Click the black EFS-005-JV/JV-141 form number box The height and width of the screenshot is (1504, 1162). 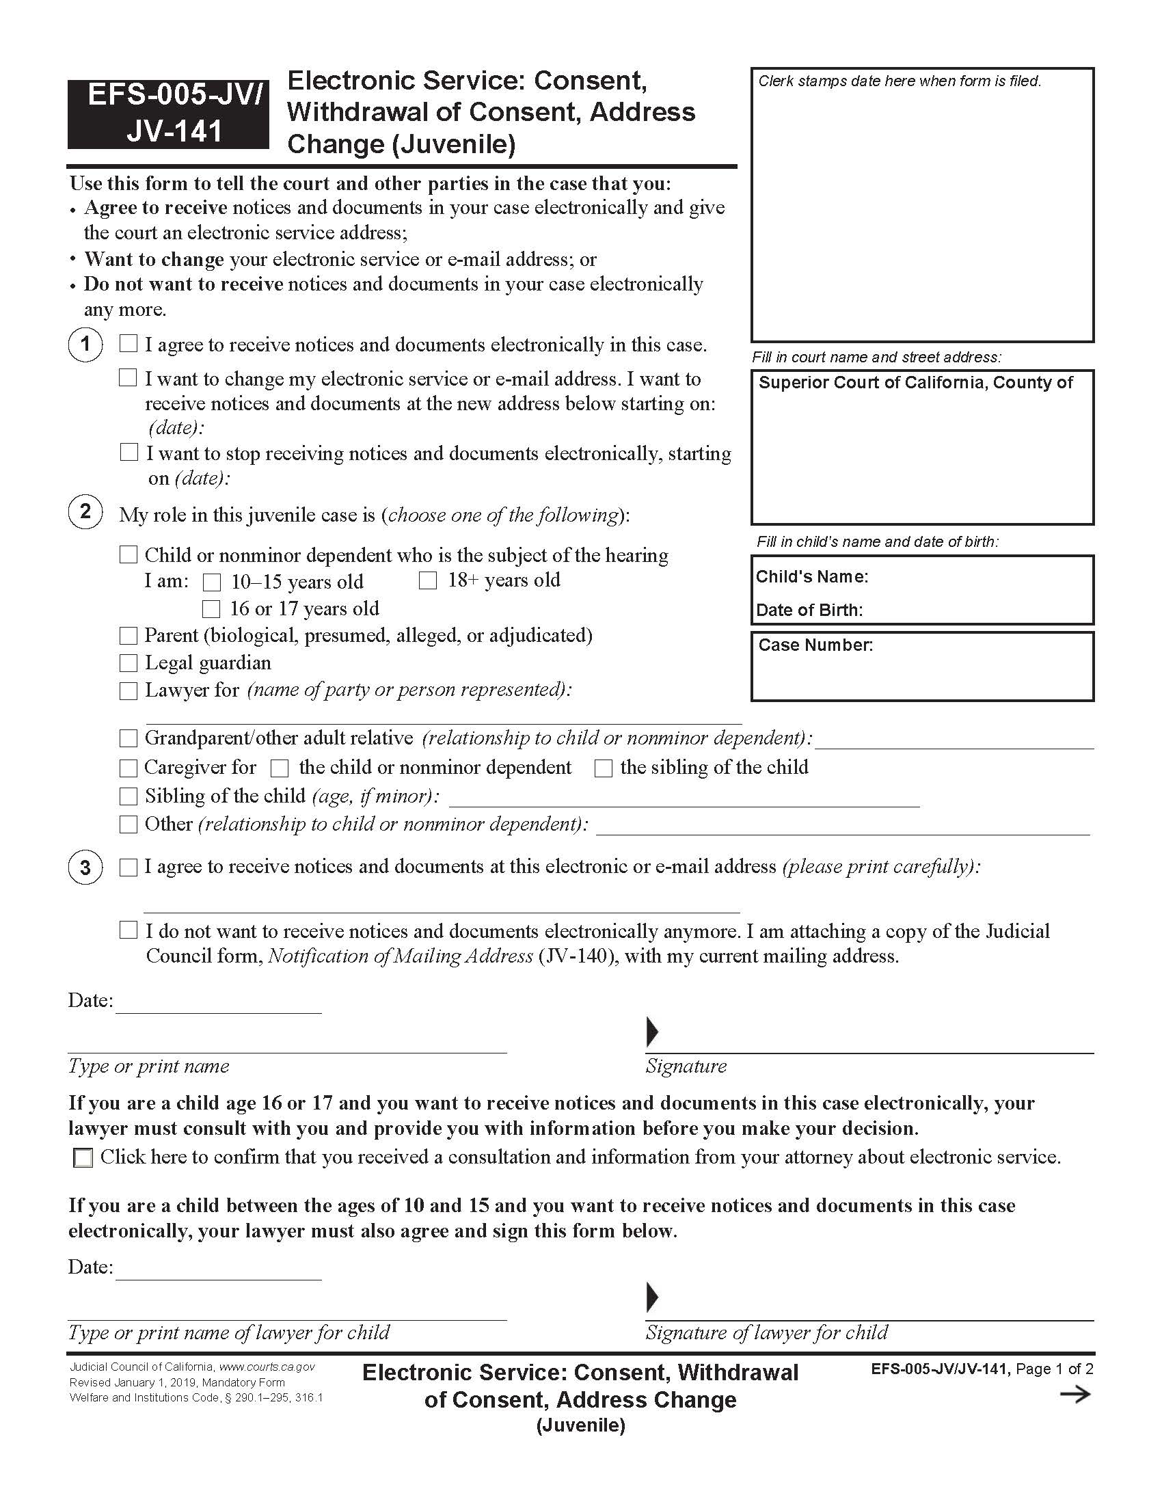pos(168,114)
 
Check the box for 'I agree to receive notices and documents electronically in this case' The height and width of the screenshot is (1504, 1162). pos(129,343)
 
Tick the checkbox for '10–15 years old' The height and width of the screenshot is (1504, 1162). pos(212,582)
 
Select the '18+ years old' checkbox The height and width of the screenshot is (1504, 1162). pos(427,580)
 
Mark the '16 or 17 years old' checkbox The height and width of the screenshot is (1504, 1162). pos(211,609)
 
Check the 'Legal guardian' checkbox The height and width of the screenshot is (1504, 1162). pos(129,662)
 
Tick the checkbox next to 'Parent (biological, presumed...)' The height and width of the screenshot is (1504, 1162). pos(129,635)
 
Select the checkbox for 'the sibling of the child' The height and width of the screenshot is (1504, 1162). pos(603,768)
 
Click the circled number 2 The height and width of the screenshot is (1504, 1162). pos(85,511)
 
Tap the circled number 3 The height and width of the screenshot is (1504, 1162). pos(85,867)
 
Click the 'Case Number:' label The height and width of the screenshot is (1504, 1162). pos(815,645)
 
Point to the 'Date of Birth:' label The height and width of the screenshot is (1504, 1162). pos(809,610)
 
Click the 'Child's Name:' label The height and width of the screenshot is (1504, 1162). pos(811,576)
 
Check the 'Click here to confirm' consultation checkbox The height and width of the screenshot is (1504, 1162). pos(83,1157)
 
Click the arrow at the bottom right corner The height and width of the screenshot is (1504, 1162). pos(1075,1395)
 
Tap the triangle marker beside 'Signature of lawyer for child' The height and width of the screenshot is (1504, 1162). pos(652,1297)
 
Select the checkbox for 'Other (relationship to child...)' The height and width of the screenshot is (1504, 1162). pos(129,824)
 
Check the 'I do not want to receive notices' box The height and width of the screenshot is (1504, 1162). pos(129,930)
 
